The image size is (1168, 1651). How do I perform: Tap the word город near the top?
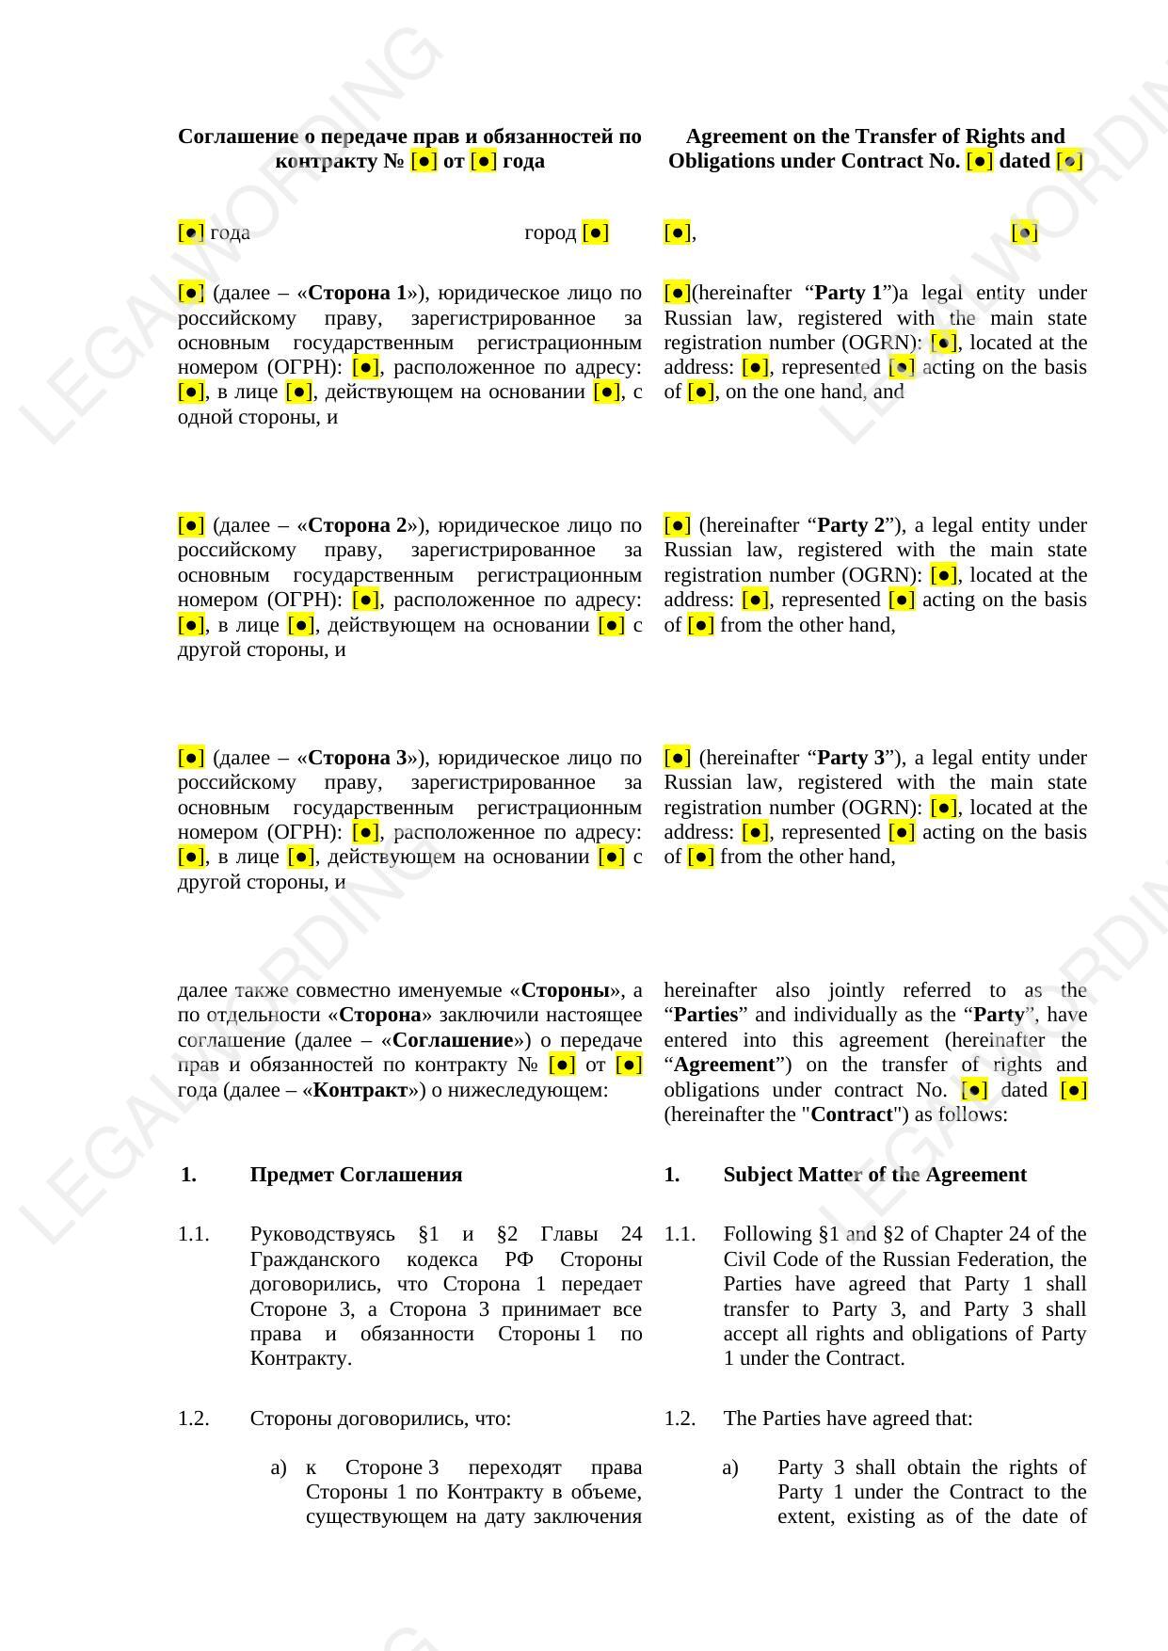click(x=550, y=232)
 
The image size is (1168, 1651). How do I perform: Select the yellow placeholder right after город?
click(x=596, y=232)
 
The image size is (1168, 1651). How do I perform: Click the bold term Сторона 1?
click(x=357, y=293)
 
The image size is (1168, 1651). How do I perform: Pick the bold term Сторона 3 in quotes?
click(x=357, y=758)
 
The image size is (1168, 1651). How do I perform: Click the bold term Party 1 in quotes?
click(x=850, y=293)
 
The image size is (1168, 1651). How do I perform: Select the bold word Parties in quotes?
click(x=705, y=1015)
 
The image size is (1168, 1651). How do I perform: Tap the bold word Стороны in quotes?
click(x=566, y=990)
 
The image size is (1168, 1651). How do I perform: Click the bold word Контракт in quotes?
click(x=360, y=1090)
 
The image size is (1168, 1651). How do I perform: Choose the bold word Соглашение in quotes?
click(x=452, y=1040)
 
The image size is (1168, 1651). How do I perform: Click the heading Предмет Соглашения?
click(x=356, y=1175)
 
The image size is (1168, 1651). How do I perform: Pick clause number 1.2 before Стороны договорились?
click(x=194, y=1419)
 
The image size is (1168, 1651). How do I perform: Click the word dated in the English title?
click(x=1024, y=161)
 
